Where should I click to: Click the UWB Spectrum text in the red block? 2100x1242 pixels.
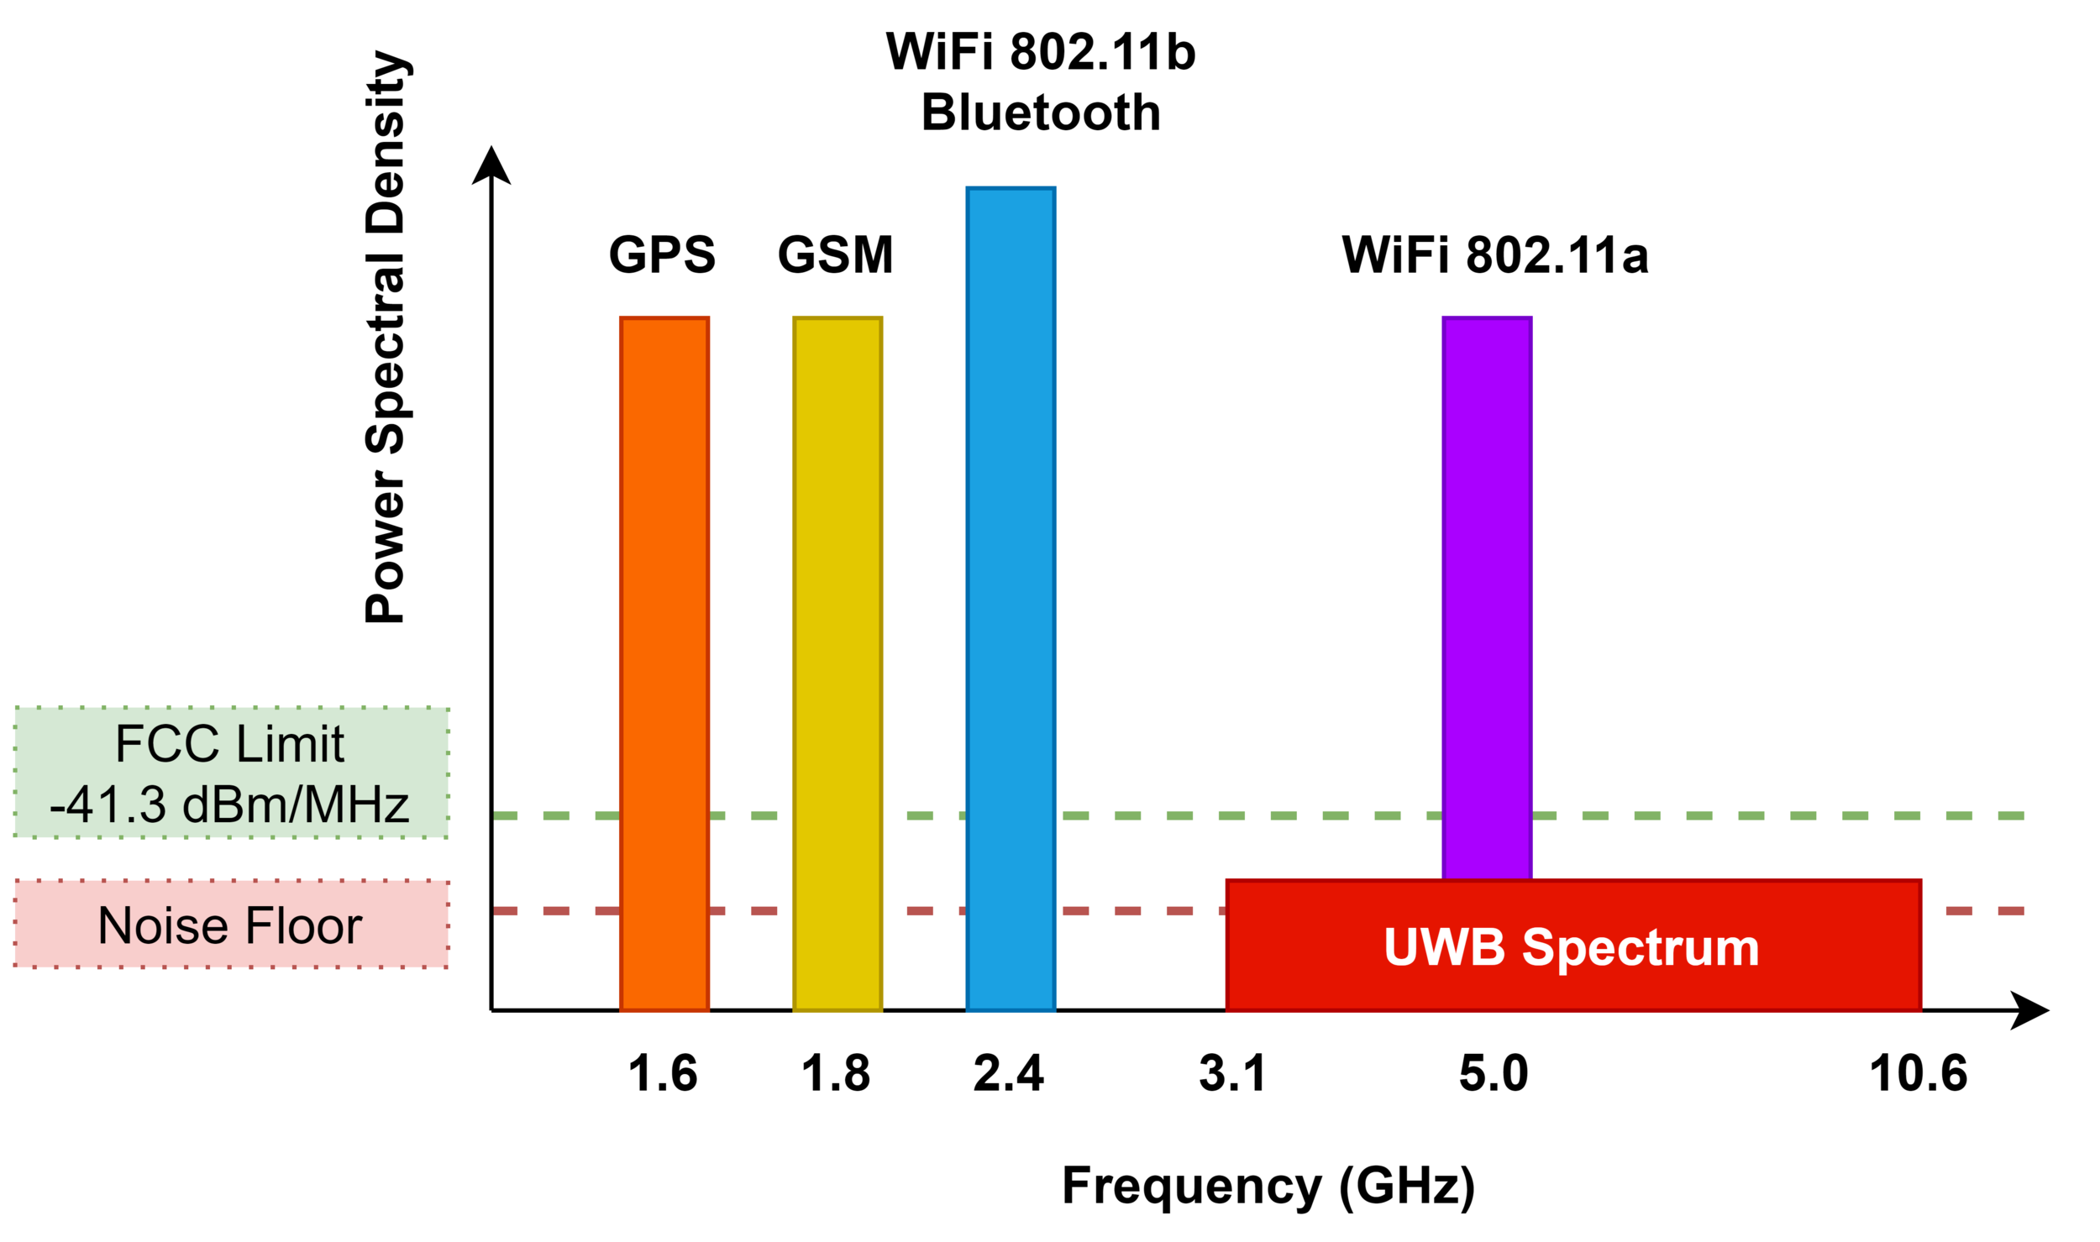tap(1571, 948)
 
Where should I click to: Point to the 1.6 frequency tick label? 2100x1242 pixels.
tap(663, 1074)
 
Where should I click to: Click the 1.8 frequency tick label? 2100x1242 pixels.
tap(836, 1074)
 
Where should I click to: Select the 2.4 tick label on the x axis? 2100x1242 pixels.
tap(1008, 1074)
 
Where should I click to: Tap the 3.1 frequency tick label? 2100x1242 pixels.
tap(1232, 1074)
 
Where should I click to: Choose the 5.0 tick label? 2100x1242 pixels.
tap(1494, 1074)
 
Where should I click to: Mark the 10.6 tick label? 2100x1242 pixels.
tap(1919, 1074)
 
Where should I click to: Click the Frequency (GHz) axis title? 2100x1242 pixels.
tap(1268, 1187)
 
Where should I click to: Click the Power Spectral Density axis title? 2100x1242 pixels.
tap(386, 336)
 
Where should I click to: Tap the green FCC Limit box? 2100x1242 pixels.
tap(231, 773)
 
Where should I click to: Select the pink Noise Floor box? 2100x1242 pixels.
tap(231, 925)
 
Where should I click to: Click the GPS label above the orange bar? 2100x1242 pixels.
tap(662, 254)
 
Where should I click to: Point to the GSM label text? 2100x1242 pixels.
tap(835, 254)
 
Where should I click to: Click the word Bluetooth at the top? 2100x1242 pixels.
tap(1041, 113)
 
